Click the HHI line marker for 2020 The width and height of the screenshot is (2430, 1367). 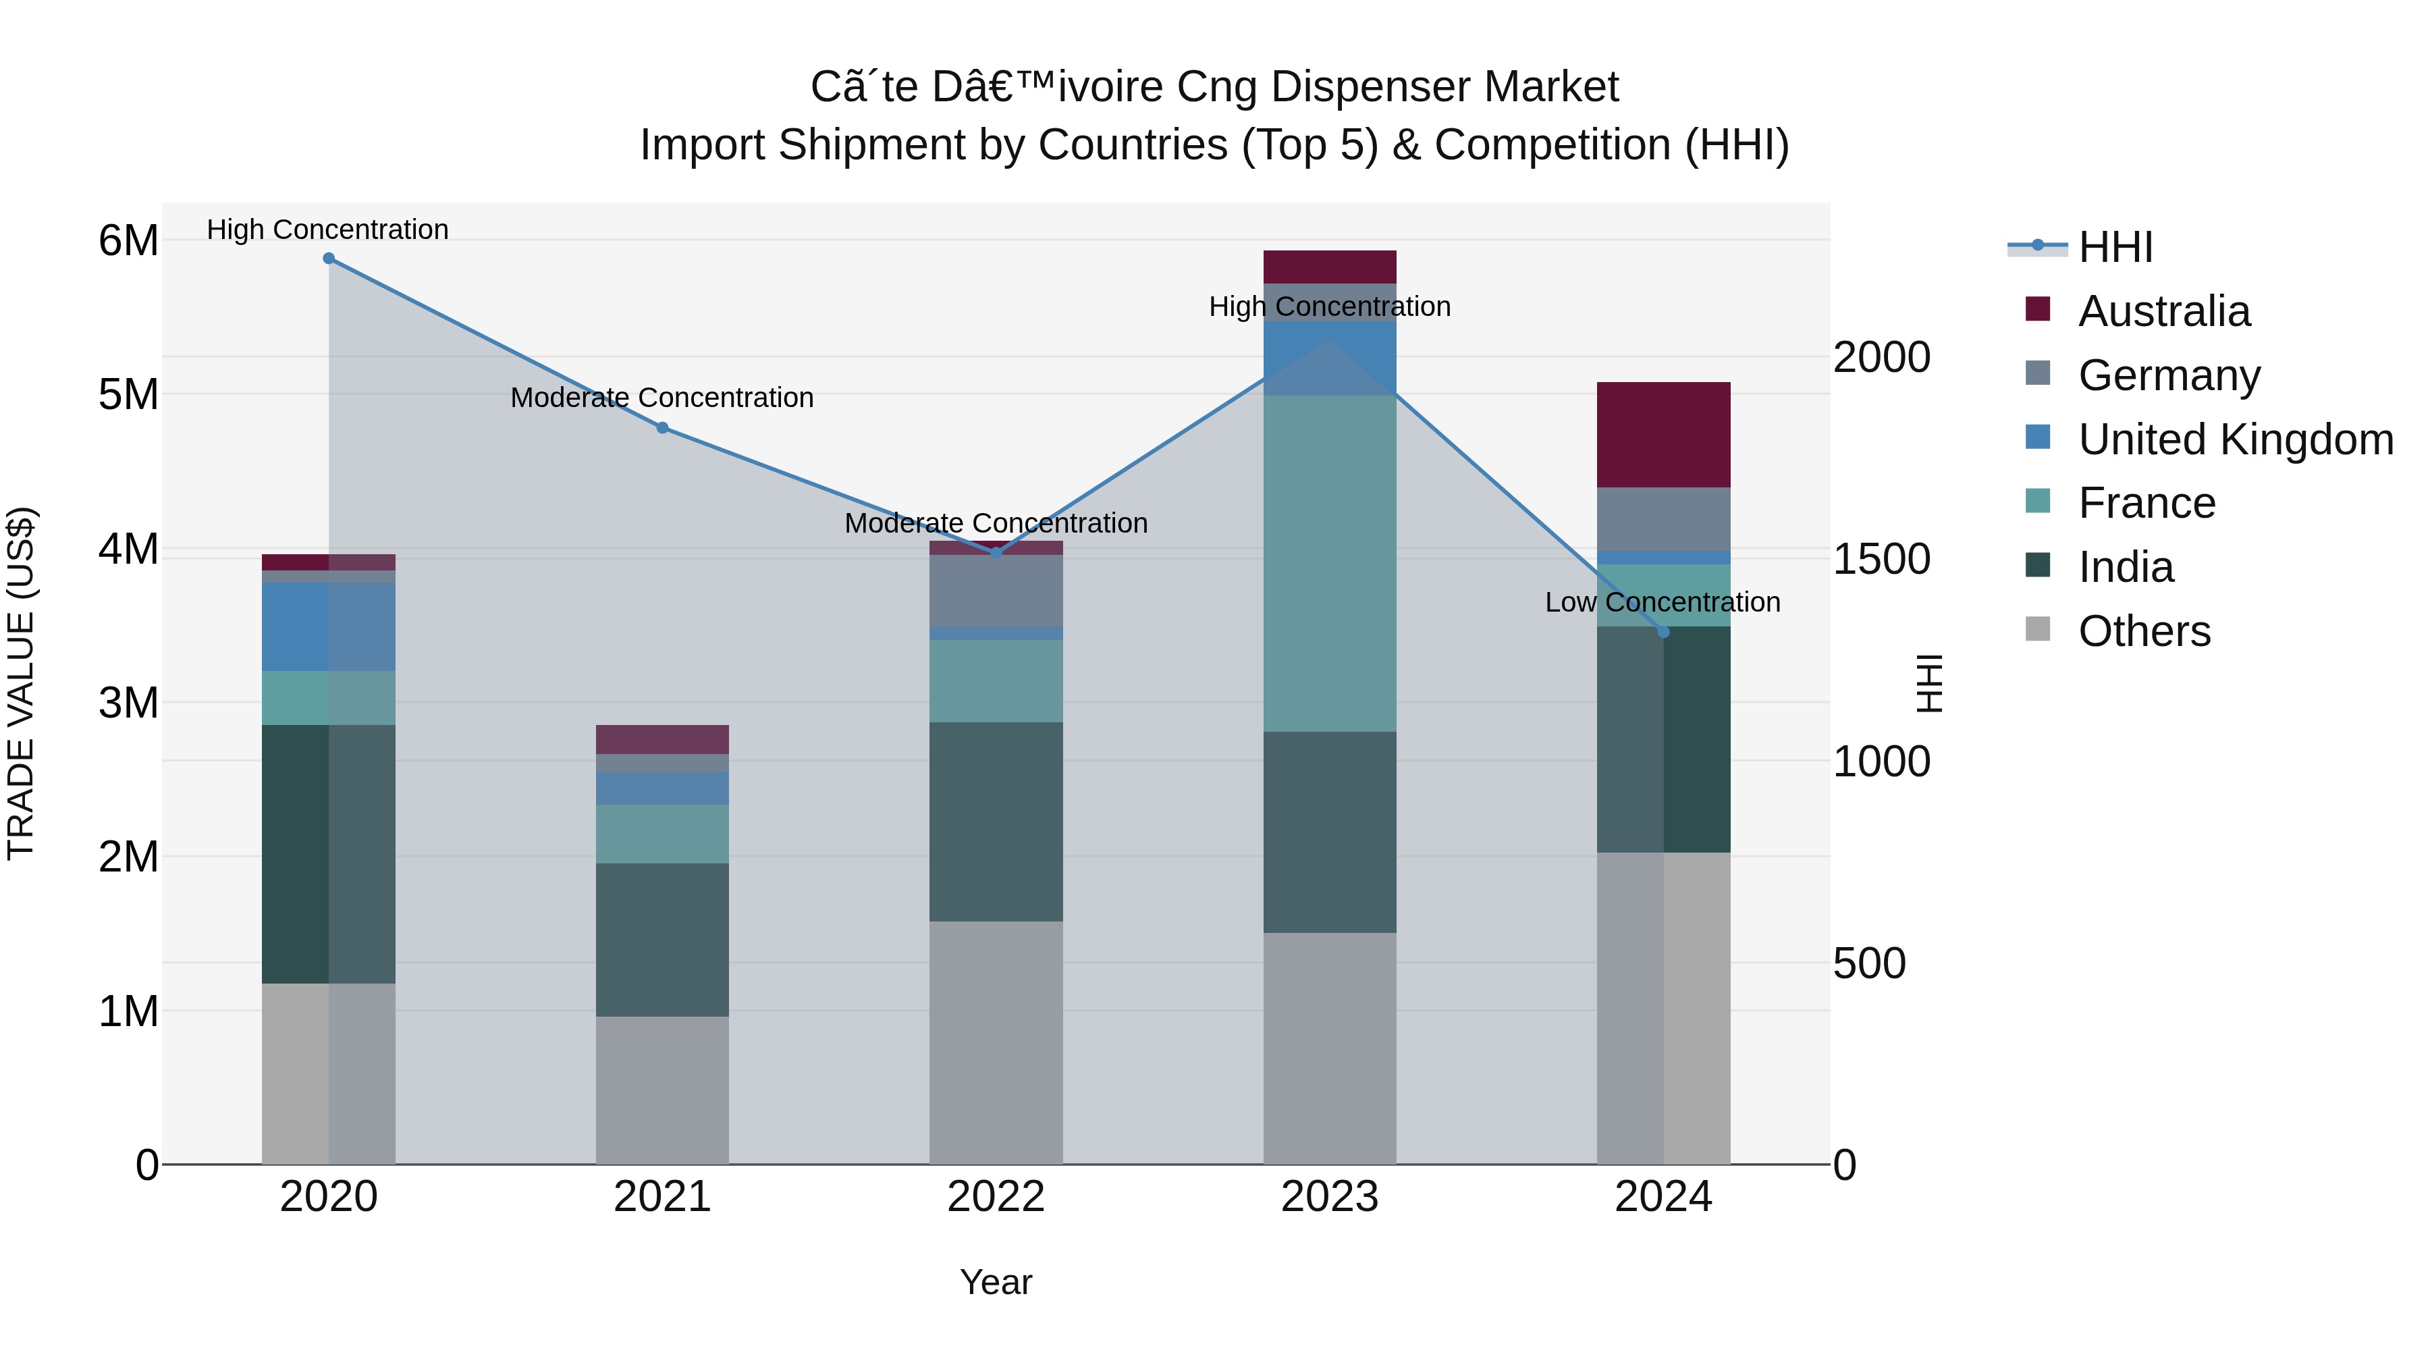pyautogui.click(x=328, y=258)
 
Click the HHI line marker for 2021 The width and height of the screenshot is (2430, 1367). pyautogui.click(x=662, y=427)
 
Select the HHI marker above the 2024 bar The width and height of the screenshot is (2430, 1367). pyautogui.click(x=1663, y=632)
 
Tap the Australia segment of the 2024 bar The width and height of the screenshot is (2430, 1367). pyautogui.click(x=1663, y=434)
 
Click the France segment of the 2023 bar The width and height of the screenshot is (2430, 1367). pyautogui.click(x=1329, y=563)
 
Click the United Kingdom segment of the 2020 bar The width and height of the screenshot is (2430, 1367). pyautogui.click(x=328, y=626)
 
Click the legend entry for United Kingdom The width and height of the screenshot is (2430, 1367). pyautogui.click(x=2235, y=439)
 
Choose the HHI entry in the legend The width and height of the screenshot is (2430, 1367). pyautogui.click(x=2115, y=247)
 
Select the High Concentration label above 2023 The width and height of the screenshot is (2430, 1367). pyautogui.click(x=1329, y=306)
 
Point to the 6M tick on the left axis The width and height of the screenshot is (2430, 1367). pyautogui.click(x=128, y=240)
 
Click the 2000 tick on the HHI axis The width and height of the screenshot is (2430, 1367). pyautogui.click(x=1881, y=358)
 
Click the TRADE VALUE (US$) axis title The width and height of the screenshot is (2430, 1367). pyautogui.click(x=21, y=683)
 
